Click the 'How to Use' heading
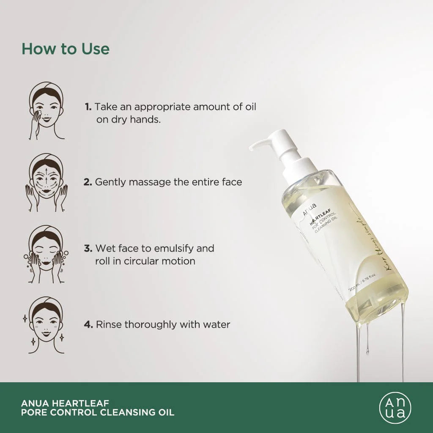[66, 49]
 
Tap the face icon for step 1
[47, 111]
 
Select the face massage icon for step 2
[47, 182]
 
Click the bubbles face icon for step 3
[47, 254]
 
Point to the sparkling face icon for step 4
[47, 325]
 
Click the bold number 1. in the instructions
[88, 107]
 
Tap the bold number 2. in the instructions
[88, 182]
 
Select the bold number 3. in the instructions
[88, 248]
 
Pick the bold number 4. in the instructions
[88, 325]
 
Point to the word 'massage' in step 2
[146, 182]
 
